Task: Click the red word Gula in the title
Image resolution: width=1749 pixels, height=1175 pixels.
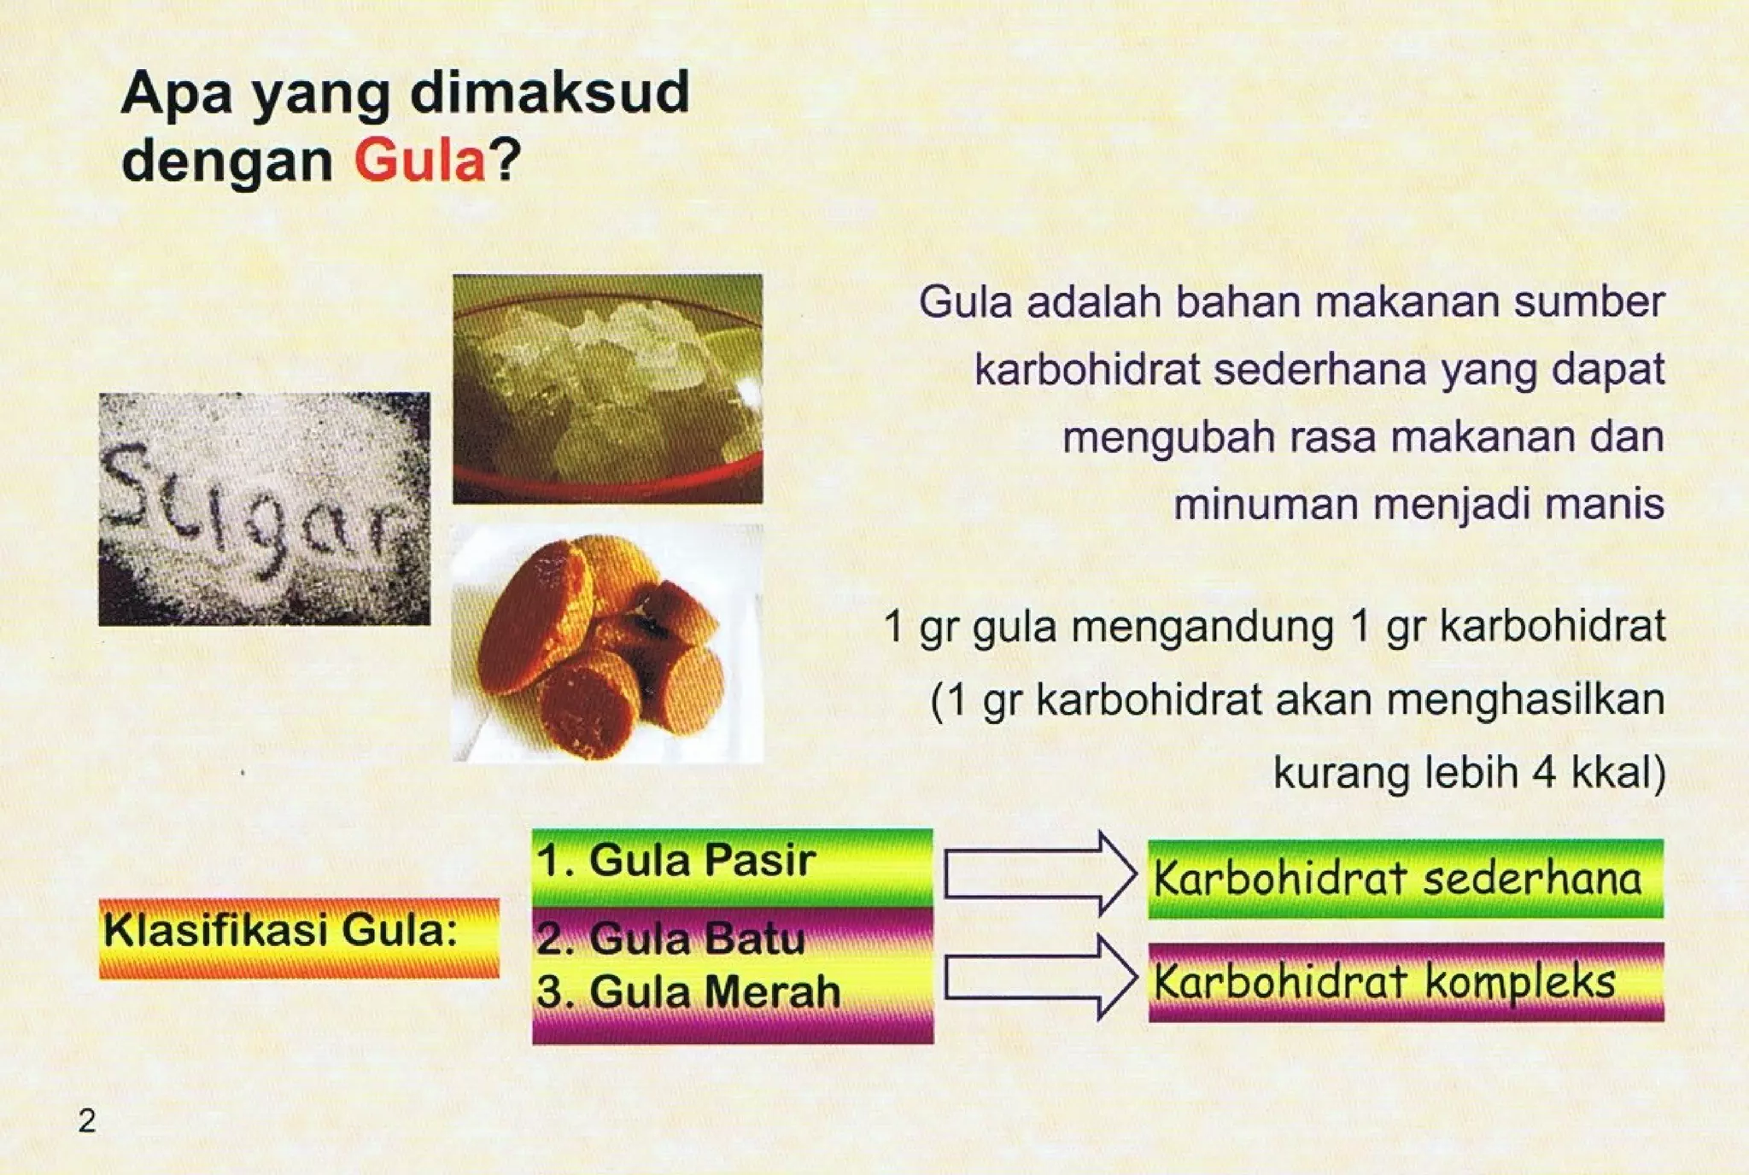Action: tap(419, 160)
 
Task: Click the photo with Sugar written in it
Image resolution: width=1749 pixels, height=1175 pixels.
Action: tap(265, 509)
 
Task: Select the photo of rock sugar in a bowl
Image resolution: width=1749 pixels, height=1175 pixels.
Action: tap(607, 389)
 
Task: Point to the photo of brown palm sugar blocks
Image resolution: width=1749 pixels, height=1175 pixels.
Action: tap(606, 644)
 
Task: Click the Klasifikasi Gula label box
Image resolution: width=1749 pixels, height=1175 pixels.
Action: tap(299, 937)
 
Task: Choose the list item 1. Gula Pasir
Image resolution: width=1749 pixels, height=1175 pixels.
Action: tap(676, 860)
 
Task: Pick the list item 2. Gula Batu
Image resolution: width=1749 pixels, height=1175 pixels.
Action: tap(671, 938)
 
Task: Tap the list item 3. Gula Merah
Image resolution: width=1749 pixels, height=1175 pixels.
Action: tap(688, 992)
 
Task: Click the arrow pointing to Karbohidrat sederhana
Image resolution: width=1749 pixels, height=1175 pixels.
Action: tap(1040, 874)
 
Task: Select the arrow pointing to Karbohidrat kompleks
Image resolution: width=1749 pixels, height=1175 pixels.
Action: tap(1040, 978)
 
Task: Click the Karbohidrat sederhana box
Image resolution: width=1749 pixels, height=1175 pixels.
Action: tap(1405, 879)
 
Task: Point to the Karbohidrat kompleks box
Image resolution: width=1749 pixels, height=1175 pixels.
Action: tap(1405, 982)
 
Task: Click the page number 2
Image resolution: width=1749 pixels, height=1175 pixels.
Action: tap(87, 1120)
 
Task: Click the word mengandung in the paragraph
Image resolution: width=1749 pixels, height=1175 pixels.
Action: tap(1202, 627)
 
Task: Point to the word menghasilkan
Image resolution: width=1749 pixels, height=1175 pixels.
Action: tap(1525, 700)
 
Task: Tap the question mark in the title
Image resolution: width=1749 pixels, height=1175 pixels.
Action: tap(505, 160)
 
